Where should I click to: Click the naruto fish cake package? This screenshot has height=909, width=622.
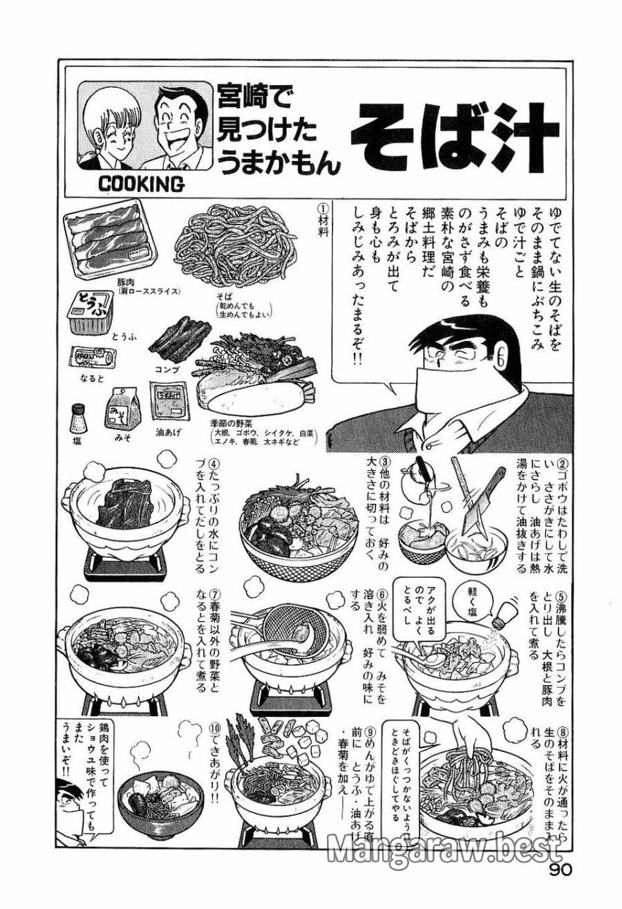(x=92, y=358)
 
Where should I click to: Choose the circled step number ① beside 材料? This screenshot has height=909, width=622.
(x=321, y=207)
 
